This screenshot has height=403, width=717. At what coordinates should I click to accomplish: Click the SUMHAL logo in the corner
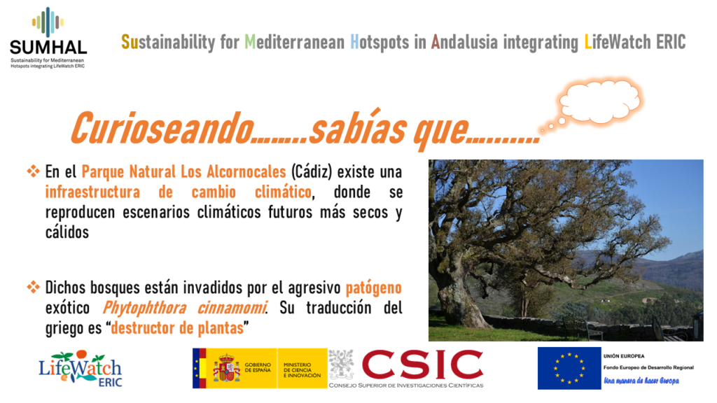tap(48, 38)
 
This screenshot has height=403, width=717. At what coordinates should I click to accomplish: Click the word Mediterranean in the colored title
tap(295, 42)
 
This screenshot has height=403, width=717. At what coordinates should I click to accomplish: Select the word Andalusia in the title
tap(464, 42)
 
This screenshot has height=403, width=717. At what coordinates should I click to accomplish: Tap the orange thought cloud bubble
tap(600, 101)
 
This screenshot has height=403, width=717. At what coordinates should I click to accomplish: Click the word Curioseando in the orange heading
tap(162, 128)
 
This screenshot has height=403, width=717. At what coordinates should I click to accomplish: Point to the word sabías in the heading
tap(358, 127)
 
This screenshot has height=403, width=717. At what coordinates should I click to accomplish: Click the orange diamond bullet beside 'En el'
tap(33, 171)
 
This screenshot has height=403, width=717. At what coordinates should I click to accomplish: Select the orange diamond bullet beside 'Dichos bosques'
tap(33, 288)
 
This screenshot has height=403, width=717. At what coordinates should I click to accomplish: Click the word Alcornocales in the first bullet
tap(246, 172)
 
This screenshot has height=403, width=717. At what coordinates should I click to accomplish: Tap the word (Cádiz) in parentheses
tap(312, 172)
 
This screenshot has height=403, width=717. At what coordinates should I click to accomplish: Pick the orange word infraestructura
tap(92, 192)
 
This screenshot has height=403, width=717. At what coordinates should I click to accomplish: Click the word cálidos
tap(67, 232)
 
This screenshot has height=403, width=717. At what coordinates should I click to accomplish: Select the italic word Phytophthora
tap(144, 309)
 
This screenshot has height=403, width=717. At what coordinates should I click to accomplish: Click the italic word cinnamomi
tap(232, 308)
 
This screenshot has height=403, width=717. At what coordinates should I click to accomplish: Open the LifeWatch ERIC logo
tap(81, 369)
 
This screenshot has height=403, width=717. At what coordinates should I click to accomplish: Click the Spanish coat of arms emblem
tap(226, 367)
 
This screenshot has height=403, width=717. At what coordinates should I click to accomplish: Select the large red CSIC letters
tap(422, 365)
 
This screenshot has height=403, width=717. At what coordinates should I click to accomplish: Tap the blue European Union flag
tap(569, 368)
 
